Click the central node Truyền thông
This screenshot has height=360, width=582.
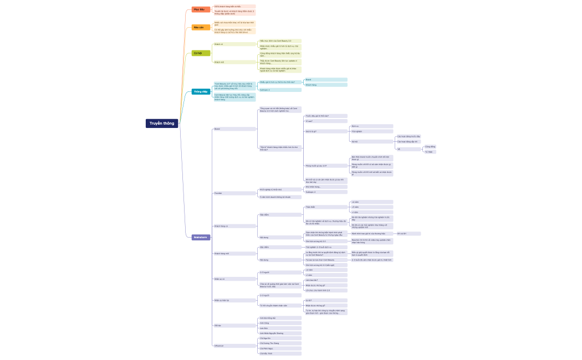pyautogui.click(x=162, y=124)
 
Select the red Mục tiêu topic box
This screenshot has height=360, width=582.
pyautogui.click(x=201, y=9)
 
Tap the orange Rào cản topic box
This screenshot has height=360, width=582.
pyautogui.click(x=201, y=27)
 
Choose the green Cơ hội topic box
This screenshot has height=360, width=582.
pyautogui.click(x=201, y=53)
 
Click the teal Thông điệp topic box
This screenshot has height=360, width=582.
pyautogui.click(x=201, y=91)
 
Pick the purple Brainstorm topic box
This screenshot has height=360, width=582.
pyautogui.click(x=201, y=237)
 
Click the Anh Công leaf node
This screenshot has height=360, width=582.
pyautogui.click(x=280, y=323)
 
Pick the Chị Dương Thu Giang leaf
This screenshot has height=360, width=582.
pyautogui.click(x=280, y=343)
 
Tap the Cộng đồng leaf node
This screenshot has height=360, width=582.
pyautogui.click(x=430, y=147)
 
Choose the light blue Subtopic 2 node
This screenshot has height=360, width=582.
pyautogui.click(x=280, y=90)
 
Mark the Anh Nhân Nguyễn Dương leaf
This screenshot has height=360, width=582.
pyautogui.click(x=280, y=333)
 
